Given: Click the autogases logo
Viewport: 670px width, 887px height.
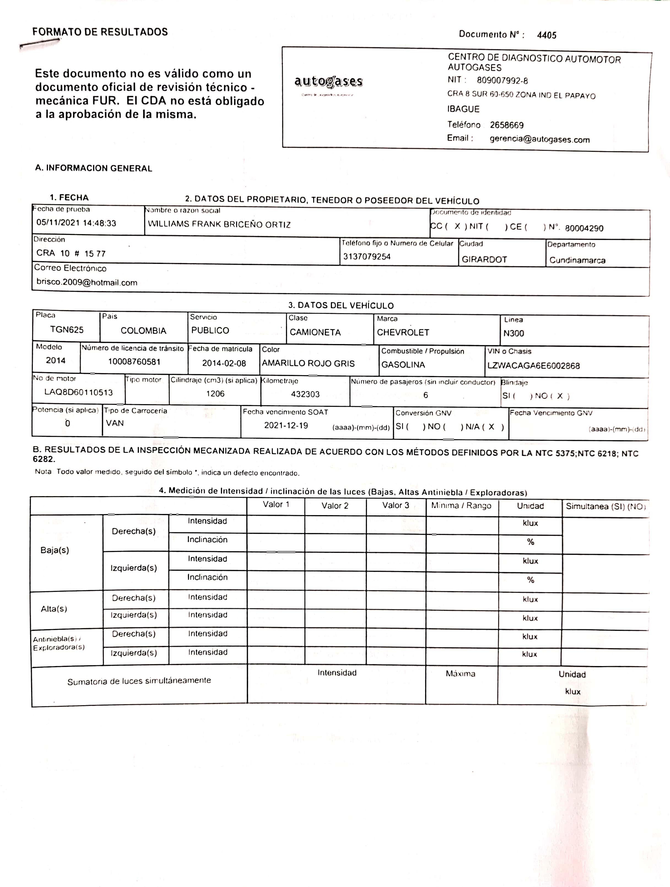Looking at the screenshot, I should (328, 82).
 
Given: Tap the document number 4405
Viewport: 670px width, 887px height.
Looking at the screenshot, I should (547, 35).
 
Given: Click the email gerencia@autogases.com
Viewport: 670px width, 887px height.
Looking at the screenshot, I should (539, 140).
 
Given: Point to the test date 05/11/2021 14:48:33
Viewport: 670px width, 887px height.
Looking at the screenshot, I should (76, 223).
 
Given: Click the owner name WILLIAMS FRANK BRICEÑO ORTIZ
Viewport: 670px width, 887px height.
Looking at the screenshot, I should (219, 225).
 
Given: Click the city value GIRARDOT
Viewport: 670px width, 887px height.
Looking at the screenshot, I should (484, 259).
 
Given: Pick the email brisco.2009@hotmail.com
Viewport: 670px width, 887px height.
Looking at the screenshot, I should (87, 282).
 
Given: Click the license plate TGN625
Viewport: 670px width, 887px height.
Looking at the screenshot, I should (67, 330).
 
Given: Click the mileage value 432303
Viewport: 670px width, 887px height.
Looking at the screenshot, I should (305, 394).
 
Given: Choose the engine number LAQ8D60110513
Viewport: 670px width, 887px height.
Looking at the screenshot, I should (79, 392).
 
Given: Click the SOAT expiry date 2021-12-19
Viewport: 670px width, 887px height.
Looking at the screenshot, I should (286, 425).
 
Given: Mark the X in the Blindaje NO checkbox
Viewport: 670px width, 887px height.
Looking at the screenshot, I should (560, 396).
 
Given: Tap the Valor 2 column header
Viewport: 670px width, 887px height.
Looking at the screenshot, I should (335, 506).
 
